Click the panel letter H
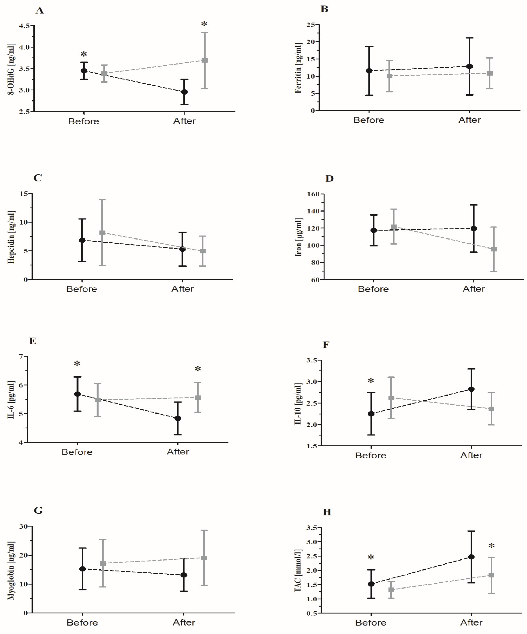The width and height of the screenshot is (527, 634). click(x=327, y=512)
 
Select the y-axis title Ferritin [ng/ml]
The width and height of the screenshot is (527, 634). click(x=298, y=68)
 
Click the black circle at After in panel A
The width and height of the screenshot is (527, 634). click(x=184, y=92)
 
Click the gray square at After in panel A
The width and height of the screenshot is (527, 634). click(x=204, y=60)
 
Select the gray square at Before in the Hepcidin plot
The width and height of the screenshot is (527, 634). click(x=103, y=233)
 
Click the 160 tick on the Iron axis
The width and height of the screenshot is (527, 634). click(x=313, y=194)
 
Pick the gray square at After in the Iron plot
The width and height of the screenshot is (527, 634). click(x=494, y=249)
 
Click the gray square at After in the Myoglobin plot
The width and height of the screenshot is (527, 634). click(x=204, y=558)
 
